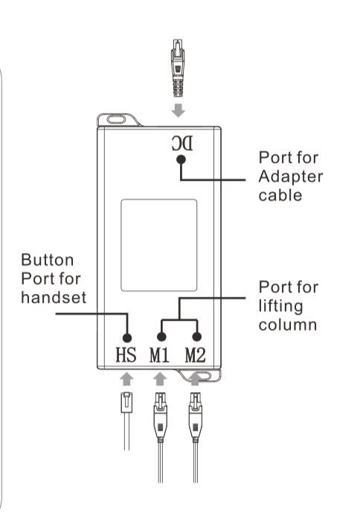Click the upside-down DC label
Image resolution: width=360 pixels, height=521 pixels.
182,144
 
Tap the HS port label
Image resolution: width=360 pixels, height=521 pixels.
126,354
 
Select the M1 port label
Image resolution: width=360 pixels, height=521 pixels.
159,354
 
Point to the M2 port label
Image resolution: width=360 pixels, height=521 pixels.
196,354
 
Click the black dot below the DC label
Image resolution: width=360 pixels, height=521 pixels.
181,159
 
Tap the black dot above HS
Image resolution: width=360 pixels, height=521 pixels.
127,338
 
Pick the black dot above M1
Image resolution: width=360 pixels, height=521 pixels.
161,337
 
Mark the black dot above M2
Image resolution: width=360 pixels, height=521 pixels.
197,337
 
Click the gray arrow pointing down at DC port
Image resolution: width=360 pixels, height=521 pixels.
179,110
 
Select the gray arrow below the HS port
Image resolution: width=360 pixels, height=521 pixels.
126,379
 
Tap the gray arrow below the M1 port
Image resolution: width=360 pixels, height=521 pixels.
160,379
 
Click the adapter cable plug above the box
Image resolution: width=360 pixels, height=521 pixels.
178,68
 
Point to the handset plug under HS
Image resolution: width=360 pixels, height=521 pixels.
126,403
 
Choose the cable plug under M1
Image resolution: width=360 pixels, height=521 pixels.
161,418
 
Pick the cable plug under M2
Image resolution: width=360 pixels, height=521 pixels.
196,418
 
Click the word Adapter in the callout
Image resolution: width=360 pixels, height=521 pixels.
291,177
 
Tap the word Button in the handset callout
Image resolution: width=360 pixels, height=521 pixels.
47,260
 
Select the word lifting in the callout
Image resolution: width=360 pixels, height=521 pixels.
280,307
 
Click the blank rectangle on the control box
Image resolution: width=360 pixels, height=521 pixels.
159,245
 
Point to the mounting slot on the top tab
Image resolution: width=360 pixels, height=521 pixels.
116,119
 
